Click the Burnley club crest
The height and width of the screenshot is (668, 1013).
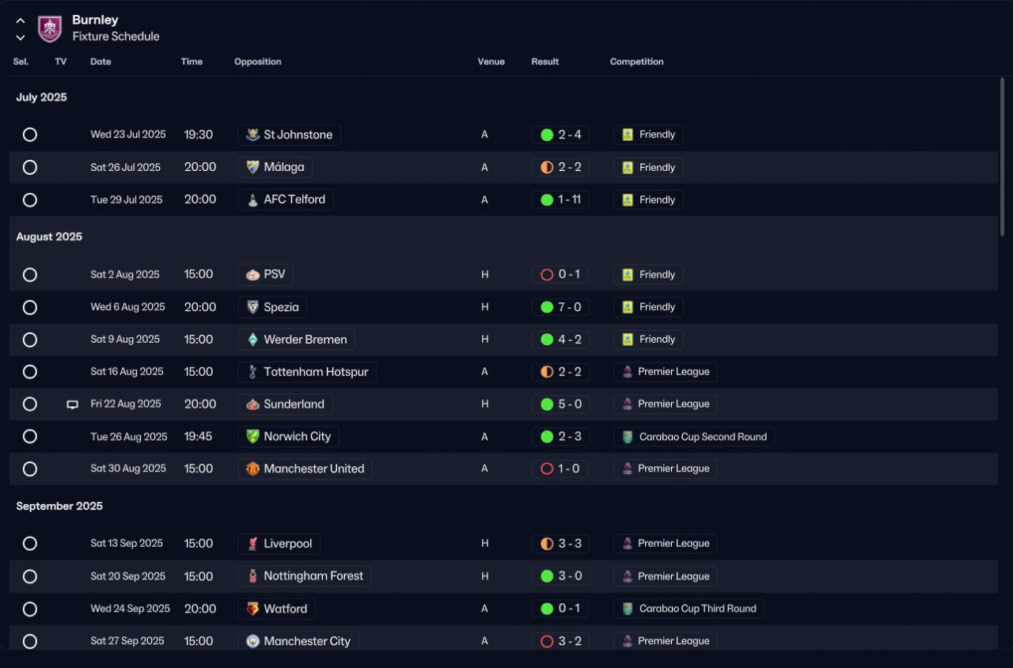50,28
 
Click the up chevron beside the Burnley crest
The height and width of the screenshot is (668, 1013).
21,21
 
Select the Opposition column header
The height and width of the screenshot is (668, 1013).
258,62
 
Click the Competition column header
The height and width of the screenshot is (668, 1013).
636,62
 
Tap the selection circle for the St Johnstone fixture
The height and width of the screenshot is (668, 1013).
30,135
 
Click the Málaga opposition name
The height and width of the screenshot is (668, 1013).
284,167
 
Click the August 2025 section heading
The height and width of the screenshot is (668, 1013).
49,237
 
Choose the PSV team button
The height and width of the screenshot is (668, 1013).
265,275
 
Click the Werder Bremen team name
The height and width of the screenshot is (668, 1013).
305,340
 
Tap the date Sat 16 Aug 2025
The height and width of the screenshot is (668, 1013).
127,372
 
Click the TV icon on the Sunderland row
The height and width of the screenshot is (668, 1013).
72,404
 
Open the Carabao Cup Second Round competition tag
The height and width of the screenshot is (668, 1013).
694,437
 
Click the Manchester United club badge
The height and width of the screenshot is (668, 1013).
252,469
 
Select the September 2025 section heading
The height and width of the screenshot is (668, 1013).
59,506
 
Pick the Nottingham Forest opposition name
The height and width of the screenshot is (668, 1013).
313,576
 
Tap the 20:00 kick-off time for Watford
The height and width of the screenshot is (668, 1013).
200,609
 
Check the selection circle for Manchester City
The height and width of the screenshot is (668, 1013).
30,641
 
